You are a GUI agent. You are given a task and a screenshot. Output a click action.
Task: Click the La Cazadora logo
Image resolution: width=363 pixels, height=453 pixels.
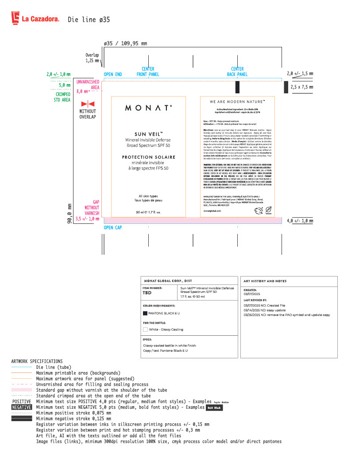pos(35,19)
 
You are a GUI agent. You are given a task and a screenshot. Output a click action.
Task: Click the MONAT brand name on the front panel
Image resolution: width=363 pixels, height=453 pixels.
pos(148,107)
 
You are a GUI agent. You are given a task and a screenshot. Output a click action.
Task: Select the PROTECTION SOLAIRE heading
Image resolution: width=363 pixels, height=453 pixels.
pos(148,157)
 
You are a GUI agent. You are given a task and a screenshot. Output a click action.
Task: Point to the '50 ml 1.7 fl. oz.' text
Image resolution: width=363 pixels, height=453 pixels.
pos(148,212)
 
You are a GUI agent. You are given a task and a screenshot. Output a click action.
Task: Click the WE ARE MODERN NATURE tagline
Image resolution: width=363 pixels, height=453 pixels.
pos(237,102)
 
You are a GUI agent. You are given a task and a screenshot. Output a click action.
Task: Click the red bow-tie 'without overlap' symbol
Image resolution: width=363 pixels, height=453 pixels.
pos(88,104)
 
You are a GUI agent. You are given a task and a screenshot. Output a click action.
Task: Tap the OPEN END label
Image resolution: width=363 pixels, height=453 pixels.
pos(112,74)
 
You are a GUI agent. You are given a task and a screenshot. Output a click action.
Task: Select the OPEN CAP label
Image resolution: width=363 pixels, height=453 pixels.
pos(112,227)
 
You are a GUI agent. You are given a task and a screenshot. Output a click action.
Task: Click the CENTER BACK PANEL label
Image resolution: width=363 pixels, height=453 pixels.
pos(237,72)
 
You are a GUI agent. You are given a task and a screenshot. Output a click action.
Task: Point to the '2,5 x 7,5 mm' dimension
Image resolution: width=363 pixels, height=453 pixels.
pos(301,88)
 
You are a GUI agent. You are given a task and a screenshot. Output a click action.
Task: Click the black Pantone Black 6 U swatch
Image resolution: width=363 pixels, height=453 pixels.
pos(145,313)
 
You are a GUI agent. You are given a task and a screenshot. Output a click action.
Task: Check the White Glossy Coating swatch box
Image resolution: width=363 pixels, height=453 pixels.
pos(145,329)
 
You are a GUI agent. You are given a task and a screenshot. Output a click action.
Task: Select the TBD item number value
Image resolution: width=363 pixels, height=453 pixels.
pos(147,293)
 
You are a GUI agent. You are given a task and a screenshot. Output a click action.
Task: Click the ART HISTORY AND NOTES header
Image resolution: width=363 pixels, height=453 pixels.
pos(265,281)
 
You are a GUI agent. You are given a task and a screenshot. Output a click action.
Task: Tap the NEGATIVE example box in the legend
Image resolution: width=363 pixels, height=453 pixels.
pos(21,407)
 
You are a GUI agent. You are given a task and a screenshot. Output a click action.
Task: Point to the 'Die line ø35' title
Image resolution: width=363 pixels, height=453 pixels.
pos(89,19)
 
